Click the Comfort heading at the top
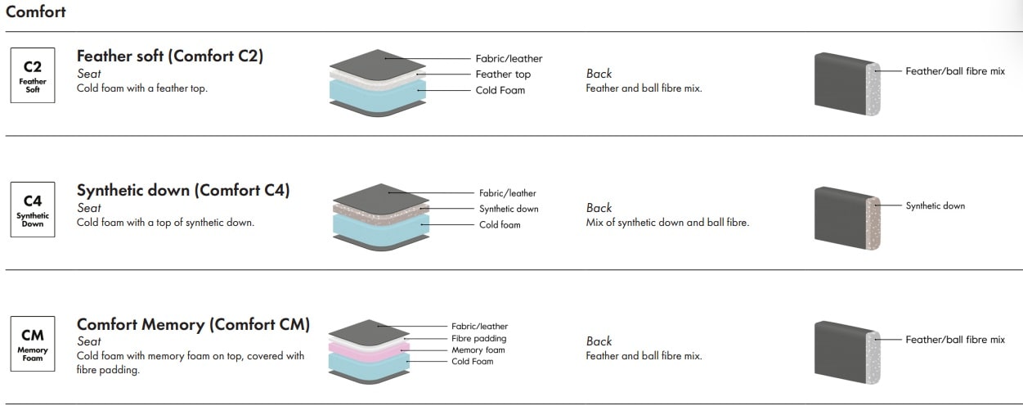click(x=36, y=12)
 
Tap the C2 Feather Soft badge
click(x=33, y=74)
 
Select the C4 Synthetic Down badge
click(x=33, y=210)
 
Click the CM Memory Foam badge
click(x=33, y=344)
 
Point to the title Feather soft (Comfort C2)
click(x=170, y=56)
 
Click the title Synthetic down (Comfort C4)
click(x=183, y=190)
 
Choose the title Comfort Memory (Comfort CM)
click(x=193, y=324)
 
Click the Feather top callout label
click(x=503, y=74)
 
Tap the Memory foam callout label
click(x=478, y=350)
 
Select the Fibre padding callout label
click(x=479, y=338)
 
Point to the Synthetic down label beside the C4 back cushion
click(x=935, y=205)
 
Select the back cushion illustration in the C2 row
click(x=846, y=82)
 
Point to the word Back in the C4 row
click(x=599, y=208)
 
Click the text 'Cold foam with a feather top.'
click(x=141, y=88)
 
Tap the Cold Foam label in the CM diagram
click(x=472, y=361)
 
